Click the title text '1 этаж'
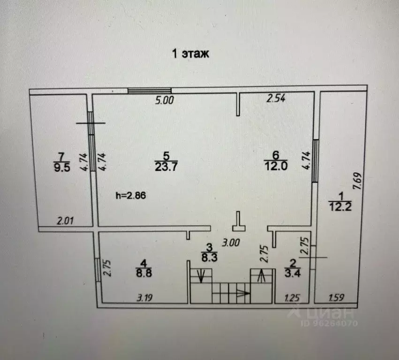(191, 54)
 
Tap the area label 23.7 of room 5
(166, 167)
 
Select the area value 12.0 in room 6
(276, 166)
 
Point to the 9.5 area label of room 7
(62, 168)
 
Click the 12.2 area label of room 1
(340, 207)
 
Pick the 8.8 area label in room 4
(144, 273)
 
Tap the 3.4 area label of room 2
(293, 273)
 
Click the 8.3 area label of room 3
(210, 258)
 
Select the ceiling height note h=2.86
(131, 195)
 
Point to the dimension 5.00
(165, 100)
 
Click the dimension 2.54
(276, 98)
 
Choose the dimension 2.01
(65, 221)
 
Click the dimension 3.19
(144, 298)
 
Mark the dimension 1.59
(336, 298)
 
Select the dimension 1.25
(293, 298)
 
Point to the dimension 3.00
(231, 243)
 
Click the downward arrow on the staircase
(201, 276)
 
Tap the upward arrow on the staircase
(261, 276)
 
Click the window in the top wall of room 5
(150, 91)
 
